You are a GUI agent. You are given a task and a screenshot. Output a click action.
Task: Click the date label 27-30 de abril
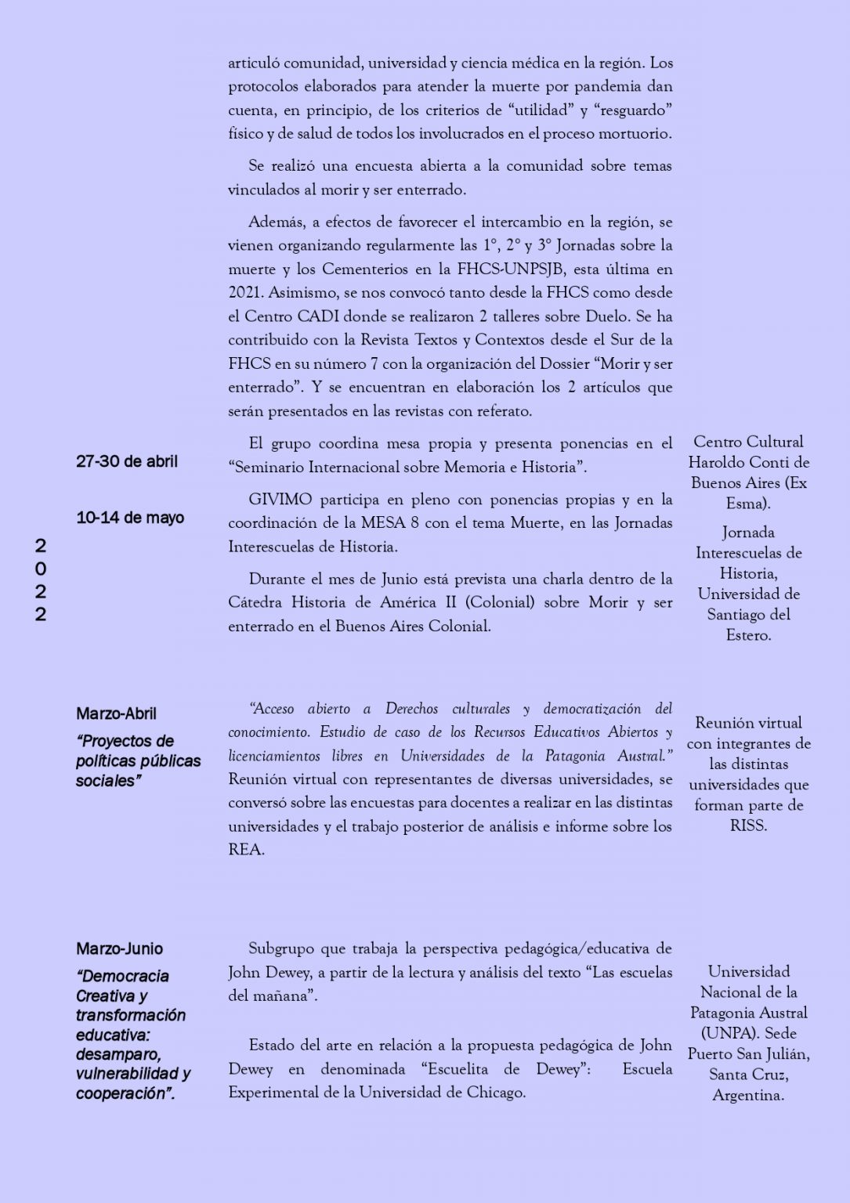click(x=127, y=461)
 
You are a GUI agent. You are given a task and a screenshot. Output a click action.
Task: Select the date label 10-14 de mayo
click(x=130, y=518)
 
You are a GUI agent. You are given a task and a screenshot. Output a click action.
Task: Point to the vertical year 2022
click(x=40, y=580)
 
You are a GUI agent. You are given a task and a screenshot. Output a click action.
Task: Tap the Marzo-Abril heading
click(x=116, y=713)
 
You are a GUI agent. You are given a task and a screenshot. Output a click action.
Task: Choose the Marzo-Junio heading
click(x=119, y=948)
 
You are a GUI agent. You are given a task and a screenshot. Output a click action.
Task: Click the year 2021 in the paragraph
click(x=245, y=293)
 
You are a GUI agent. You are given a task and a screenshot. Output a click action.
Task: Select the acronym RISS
click(x=748, y=825)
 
